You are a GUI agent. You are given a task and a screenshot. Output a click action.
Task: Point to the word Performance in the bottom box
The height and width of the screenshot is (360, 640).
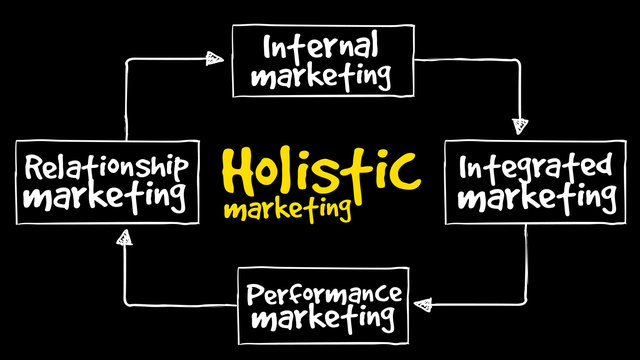[324, 295]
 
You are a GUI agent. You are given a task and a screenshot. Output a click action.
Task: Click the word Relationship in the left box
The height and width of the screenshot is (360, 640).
[104, 166]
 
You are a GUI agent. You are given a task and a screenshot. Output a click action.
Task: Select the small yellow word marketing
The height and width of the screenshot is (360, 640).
[288, 210]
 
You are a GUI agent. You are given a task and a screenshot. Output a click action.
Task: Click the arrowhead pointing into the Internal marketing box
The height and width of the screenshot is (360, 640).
[213, 58]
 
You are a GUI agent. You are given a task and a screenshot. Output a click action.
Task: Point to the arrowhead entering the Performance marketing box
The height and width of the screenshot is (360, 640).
[423, 299]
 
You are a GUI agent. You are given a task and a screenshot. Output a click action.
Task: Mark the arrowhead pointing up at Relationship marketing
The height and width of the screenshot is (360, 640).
[124, 238]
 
